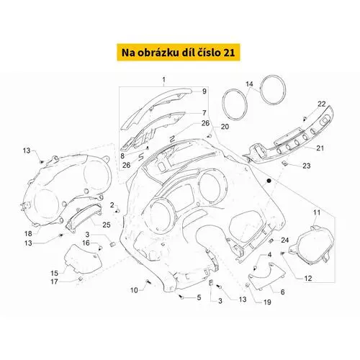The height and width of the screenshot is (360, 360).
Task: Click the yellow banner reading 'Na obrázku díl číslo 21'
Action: point(179,53)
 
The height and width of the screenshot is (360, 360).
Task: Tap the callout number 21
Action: point(320,148)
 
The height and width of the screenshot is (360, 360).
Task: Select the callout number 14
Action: point(249,84)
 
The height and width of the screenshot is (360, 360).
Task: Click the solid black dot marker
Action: point(269,181)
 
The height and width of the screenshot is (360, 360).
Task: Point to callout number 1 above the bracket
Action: point(164,79)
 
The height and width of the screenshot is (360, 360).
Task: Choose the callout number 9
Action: point(204,91)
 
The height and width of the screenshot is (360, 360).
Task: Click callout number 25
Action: point(107,225)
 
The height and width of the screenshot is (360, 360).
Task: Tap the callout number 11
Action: point(317,212)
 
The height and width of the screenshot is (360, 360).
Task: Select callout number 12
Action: point(308,279)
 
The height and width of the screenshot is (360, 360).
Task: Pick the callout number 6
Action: point(282,292)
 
